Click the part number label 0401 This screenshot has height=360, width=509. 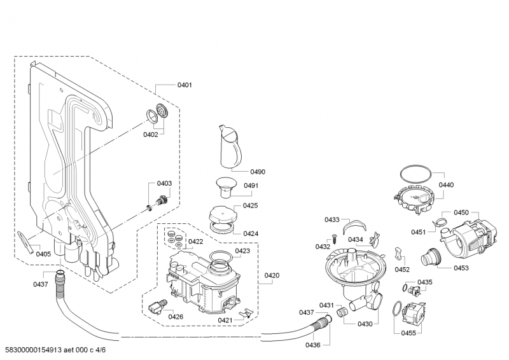[184, 85]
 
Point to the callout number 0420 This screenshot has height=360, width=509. [272, 275]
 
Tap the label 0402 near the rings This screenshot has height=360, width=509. [150, 134]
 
